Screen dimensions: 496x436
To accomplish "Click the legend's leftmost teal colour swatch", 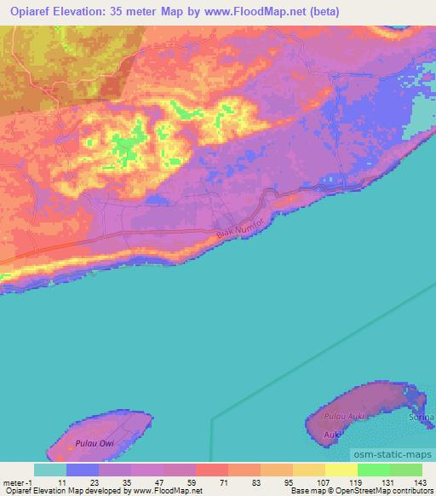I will pos(50,470).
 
